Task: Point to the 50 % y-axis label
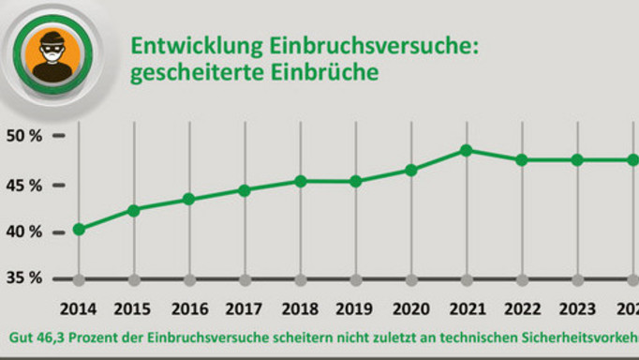(23, 136)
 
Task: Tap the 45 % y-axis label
(23, 185)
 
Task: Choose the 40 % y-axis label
(23, 232)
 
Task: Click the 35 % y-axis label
(23, 278)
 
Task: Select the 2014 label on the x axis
(79, 308)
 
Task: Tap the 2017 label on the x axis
(245, 308)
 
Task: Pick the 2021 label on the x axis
(467, 308)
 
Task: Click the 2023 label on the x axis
(577, 308)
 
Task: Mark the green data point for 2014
(79, 229)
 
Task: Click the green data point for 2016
(189, 199)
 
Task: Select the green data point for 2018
(300, 181)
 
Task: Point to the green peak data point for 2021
(467, 150)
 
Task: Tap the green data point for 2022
(522, 159)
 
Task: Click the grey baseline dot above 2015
(134, 279)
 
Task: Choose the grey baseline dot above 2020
(411, 279)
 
